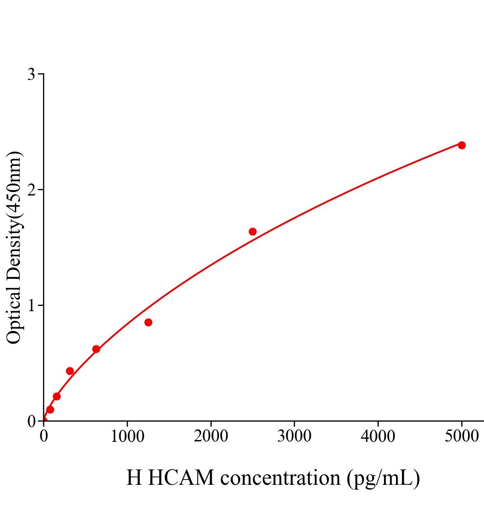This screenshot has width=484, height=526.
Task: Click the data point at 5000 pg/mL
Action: tap(462, 145)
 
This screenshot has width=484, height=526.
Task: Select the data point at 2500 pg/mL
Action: tap(253, 231)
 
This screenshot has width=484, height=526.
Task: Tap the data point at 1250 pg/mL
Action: tap(148, 322)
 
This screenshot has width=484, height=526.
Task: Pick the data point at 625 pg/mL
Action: tap(96, 349)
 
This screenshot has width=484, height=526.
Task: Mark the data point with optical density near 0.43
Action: tap(70, 371)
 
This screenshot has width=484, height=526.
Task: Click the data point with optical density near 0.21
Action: tap(57, 396)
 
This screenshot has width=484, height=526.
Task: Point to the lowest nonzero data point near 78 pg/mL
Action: tap(50, 409)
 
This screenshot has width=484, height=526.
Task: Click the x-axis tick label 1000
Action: tap(127, 436)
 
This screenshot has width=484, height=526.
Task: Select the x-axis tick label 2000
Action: tap(211, 436)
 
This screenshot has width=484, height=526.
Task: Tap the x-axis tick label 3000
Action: tap(294, 436)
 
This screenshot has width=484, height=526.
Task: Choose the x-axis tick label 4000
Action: tap(378, 436)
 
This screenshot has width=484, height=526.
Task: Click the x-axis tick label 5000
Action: tap(462, 436)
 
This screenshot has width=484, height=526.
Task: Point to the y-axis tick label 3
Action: tap(31, 75)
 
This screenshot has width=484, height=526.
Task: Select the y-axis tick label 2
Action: tap(31, 190)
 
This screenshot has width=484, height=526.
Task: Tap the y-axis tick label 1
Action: tap(31, 306)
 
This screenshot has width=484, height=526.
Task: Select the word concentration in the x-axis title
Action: tap(280, 477)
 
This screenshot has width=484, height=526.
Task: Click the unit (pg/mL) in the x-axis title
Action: tap(383, 478)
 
